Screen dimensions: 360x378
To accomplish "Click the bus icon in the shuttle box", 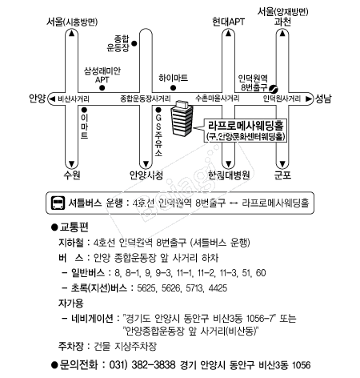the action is [58, 203].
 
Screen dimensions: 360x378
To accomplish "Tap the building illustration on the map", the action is [182, 118].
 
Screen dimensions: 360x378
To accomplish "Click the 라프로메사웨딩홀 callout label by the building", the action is [246, 131].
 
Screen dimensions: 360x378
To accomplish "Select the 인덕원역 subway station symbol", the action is [274, 88].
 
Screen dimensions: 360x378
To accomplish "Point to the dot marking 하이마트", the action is [173, 87].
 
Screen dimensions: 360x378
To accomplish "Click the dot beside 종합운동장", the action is [134, 43].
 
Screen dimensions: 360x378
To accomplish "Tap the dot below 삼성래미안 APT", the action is [102, 88].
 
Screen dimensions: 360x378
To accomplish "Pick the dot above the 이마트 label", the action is [84, 110].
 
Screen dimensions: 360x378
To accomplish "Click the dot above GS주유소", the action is [158, 110].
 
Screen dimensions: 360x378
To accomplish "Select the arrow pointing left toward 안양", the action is [52, 99].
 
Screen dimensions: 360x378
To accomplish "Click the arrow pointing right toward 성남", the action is [308, 99].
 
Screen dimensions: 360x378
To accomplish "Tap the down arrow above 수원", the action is [71, 163].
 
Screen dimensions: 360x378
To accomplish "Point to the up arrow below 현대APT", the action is [228, 34].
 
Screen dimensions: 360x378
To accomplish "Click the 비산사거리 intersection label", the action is [74, 99].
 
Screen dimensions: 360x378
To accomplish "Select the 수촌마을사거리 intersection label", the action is [218, 99].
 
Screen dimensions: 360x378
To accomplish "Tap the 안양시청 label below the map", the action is [146, 175].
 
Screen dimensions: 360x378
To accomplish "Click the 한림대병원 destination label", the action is [229, 175].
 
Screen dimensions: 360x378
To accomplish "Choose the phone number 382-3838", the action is [154, 364].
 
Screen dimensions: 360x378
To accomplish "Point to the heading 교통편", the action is [74, 227].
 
